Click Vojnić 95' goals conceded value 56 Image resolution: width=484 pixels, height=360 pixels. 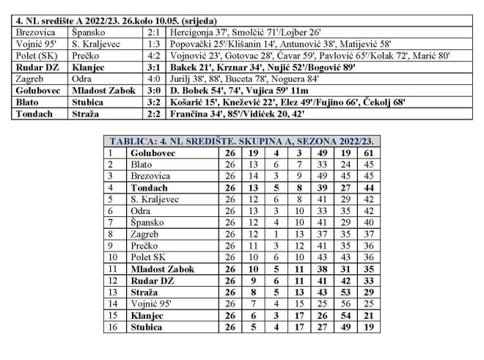point(343,304)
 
